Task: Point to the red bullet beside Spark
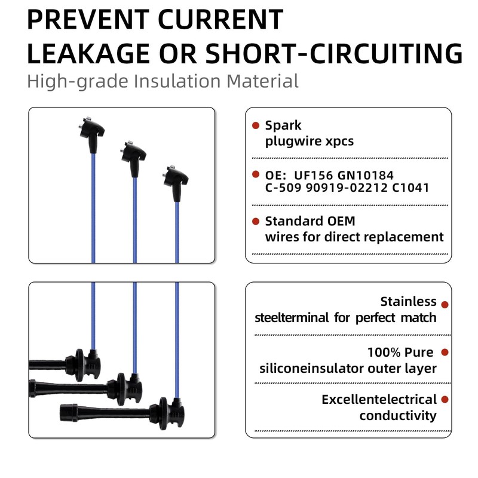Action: (256, 125)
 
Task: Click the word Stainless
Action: (408, 302)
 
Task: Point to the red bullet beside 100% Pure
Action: (445, 353)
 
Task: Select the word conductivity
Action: (397, 415)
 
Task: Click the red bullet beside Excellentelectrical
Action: (445, 399)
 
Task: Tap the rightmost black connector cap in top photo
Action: (176, 182)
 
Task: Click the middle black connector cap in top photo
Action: (134, 158)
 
